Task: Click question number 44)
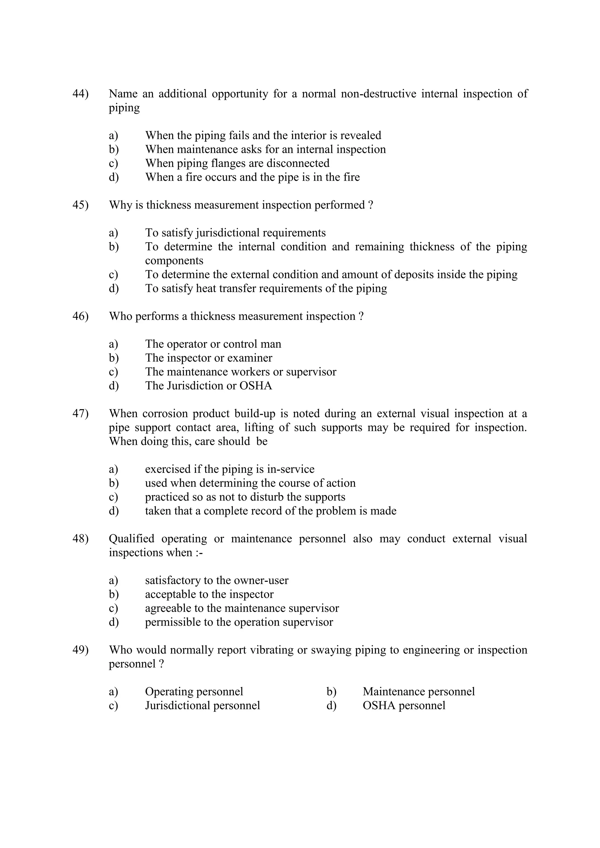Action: pyautogui.click(x=81, y=94)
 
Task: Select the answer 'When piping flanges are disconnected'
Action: pyautogui.click(x=237, y=163)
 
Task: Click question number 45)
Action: pyautogui.click(x=81, y=205)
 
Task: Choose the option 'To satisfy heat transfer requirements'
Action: pyautogui.click(x=266, y=289)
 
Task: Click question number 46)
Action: pyautogui.click(x=81, y=317)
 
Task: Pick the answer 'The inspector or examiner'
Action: pyautogui.click(x=209, y=358)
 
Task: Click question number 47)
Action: pyautogui.click(x=81, y=414)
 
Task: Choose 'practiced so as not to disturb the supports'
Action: pyautogui.click(x=245, y=497)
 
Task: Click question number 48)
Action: pyautogui.click(x=81, y=539)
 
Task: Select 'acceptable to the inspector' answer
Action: pyautogui.click(x=209, y=595)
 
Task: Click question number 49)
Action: pyautogui.click(x=81, y=650)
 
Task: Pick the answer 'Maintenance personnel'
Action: pyautogui.click(x=419, y=692)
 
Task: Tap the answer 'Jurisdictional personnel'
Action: pyautogui.click(x=202, y=706)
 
